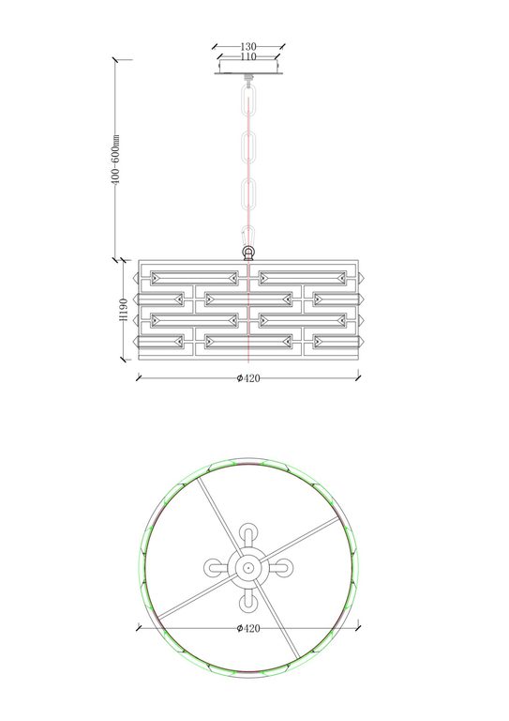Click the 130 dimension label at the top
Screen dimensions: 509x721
point(248,46)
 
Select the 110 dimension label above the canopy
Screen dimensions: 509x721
point(248,56)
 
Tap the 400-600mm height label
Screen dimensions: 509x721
point(115,160)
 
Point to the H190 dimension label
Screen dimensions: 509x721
point(123,310)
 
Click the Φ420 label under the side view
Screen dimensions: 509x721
point(248,378)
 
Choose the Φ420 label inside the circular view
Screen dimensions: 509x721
point(248,628)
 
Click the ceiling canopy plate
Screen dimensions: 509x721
point(248,68)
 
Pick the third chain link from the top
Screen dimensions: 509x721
point(248,197)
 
